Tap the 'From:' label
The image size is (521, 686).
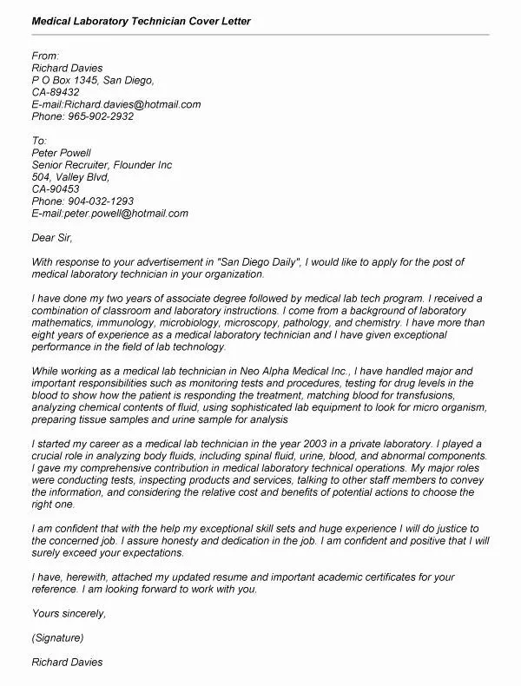[45, 56]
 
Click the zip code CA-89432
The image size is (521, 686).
[56, 92]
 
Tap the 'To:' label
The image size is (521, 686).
[39, 140]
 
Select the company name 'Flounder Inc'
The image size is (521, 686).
[142, 165]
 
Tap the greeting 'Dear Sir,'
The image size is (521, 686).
[52, 237]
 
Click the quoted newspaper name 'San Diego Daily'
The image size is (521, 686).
[260, 261]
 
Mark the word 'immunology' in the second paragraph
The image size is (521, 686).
[128, 323]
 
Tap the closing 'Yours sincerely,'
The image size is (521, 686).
[69, 613]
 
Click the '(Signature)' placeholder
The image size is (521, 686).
[58, 637]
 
